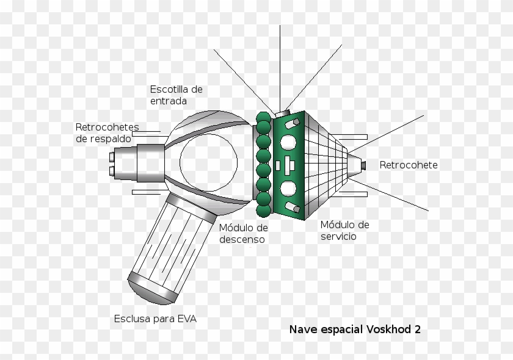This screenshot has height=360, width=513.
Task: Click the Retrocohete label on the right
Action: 408,165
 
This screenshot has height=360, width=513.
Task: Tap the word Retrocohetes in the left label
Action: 107,128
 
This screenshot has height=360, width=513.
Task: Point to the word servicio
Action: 338,236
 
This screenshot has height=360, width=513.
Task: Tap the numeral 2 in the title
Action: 417,329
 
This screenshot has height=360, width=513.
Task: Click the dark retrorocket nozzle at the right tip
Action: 363,165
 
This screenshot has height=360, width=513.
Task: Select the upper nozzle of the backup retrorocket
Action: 112,156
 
